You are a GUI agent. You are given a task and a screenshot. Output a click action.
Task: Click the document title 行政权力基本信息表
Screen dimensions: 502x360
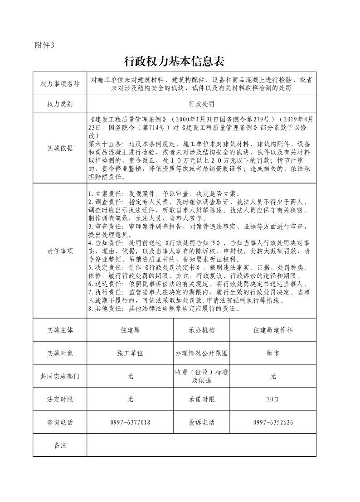tap(174, 61)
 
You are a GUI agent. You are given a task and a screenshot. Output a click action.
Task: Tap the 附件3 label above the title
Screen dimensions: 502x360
tap(44, 45)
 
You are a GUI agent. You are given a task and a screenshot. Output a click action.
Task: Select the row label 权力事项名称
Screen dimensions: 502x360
tap(60, 84)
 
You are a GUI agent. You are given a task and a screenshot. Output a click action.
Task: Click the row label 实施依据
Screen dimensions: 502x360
tap(60, 148)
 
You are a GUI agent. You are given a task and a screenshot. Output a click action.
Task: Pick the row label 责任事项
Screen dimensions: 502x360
tap(60, 251)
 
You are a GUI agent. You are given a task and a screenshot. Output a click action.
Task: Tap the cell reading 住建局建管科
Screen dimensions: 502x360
tap(273, 330)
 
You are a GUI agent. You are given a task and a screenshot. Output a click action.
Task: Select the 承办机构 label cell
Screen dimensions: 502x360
tap(202, 330)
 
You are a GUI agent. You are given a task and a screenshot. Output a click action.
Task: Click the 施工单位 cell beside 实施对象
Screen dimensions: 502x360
tap(130, 353)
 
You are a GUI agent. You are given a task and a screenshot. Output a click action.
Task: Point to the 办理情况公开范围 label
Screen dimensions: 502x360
tap(202, 353)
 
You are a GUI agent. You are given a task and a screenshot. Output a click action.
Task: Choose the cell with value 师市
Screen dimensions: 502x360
tap(273, 353)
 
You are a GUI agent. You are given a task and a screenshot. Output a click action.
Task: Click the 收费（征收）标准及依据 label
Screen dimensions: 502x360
tap(202, 376)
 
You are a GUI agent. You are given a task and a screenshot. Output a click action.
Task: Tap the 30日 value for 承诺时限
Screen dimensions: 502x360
tap(273, 399)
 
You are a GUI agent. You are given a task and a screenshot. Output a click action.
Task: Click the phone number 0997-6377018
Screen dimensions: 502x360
tap(130, 422)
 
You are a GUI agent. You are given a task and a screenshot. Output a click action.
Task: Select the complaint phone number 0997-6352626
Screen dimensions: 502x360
tap(273, 422)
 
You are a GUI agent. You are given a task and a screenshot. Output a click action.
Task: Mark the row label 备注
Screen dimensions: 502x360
tap(60, 445)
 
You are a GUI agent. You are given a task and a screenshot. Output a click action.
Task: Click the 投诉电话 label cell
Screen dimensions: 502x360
tap(202, 422)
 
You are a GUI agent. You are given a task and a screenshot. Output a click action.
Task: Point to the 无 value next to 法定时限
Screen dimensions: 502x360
tap(130, 399)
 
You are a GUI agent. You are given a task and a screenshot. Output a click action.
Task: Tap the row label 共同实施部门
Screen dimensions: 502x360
tap(60, 376)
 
